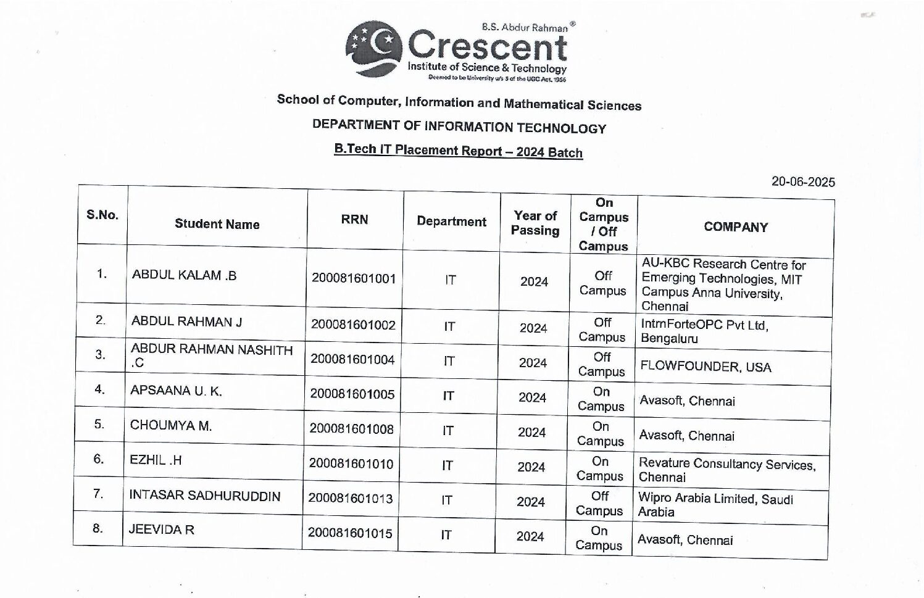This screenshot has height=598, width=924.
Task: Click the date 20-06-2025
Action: coord(802,181)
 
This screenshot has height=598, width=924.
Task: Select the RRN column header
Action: coord(354,220)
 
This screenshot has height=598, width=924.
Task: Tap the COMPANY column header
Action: coord(735,227)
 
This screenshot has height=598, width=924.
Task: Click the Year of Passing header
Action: coord(535,223)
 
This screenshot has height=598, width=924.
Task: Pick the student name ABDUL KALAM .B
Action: coord(184,275)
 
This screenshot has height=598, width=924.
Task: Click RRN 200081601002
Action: coord(353,325)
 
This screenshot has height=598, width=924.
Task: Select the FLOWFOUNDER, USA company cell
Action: coord(705,367)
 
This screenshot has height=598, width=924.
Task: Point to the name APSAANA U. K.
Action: coord(176,391)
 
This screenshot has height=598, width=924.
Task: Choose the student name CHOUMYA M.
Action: coord(170,425)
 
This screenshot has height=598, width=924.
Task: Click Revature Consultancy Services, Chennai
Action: coord(726,470)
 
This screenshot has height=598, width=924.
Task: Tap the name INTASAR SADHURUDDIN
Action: coord(204,496)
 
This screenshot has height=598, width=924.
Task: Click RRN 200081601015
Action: coord(350,533)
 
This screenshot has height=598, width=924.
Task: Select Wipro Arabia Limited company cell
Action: coord(715,505)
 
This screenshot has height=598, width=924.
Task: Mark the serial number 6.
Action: coord(99,459)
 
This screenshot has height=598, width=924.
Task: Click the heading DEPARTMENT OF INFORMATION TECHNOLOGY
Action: coord(459,127)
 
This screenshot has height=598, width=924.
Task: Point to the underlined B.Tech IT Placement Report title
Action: coord(458,151)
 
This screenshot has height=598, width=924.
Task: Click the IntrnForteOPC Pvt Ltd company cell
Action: coord(704,331)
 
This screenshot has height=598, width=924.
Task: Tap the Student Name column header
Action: coord(217,224)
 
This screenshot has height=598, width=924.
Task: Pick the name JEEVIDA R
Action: coord(161,529)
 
